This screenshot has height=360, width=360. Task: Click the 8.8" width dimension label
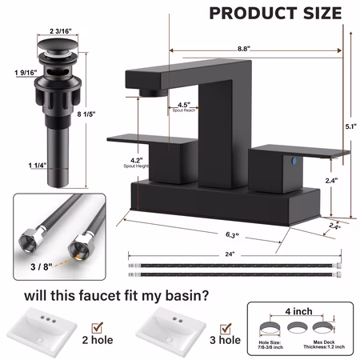point(244,49)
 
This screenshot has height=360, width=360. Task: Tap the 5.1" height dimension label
point(351,126)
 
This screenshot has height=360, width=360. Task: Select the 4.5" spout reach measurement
point(184,105)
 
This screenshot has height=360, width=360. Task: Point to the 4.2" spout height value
point(136,160)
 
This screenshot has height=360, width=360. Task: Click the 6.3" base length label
point(232,235)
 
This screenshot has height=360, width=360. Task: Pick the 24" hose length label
point(230,254)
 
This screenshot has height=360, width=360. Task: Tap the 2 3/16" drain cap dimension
point(61,31)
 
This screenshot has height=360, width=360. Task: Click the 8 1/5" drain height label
point(86,114)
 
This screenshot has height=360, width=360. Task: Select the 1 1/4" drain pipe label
point(38,166)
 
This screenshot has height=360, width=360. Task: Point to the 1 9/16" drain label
point(26,73)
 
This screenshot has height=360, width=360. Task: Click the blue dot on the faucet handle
point(294,161)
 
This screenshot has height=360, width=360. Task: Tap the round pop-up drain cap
point(58,44)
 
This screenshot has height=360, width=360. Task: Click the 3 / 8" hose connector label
point(42,266)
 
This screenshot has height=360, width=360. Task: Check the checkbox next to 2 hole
point(97,328)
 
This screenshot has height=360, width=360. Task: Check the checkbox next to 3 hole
point(226,329)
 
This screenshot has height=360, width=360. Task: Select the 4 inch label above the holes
point(298,311)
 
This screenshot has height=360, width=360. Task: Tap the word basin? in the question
point(187,296)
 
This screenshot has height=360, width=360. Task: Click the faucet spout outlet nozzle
point(154,93)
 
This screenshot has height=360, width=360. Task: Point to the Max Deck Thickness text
point(324,344)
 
